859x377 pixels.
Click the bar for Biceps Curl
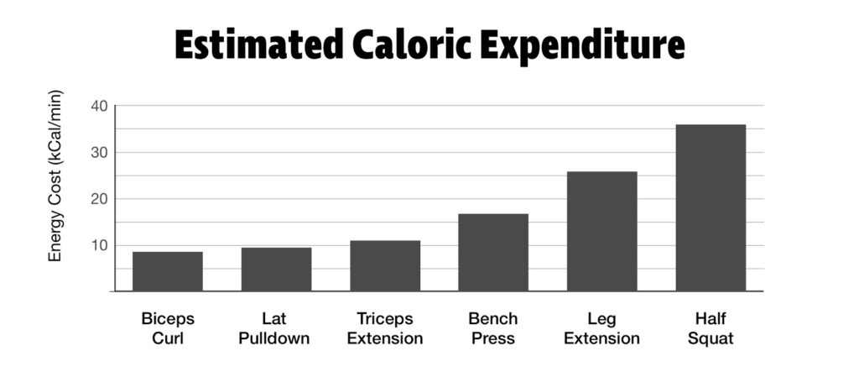point(168,271)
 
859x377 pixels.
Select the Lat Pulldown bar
point(276,270)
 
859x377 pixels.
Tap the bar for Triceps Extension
point(385,266)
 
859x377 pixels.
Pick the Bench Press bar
point(493,253)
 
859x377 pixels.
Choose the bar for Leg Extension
point(601,232)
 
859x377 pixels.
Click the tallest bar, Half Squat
point(711,208)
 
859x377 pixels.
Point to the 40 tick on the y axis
point(100,106)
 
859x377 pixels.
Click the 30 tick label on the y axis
point(100,153)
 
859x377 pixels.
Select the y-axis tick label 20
point(100,199)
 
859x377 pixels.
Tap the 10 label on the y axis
point(100,246)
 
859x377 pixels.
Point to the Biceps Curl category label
point(168,328)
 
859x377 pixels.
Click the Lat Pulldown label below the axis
point(276,328)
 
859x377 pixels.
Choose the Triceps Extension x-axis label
point(385,328)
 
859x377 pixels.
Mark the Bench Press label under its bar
point(493,328)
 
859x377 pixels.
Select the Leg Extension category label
point(601,328)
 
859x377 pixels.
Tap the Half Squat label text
point(711,328)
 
